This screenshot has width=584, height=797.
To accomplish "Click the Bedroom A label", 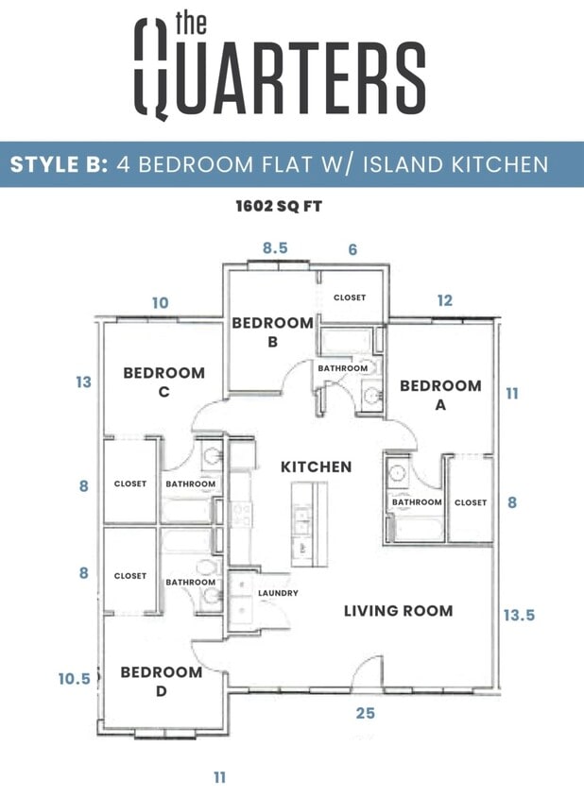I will [439, 395].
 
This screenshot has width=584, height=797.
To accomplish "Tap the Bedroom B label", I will [272, 331].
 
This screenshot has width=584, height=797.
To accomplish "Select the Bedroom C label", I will [163, 382].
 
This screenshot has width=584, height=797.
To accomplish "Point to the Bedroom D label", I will [161, 681].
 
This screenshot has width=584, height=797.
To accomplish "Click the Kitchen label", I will [316, 466].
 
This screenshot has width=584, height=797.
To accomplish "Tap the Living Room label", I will [398, 610].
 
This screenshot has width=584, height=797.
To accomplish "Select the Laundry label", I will [278, 593].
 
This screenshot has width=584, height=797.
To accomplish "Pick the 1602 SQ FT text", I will [279, 205].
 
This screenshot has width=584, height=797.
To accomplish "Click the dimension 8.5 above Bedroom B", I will [275, 249].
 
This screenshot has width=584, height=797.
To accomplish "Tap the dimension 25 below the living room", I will [365, 713].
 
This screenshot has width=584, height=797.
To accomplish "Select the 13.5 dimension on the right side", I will [519, 615].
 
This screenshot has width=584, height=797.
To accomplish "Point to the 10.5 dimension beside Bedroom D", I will [74, 678].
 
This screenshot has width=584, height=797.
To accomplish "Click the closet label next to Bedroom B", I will [349, 297].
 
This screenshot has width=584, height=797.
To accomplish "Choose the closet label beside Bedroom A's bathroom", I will [470, 502].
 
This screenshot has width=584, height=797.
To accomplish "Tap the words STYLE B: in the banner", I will [59, 164].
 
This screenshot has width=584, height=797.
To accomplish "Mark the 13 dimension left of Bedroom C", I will [84, 382].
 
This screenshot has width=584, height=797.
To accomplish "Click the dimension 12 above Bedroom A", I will [444, 300].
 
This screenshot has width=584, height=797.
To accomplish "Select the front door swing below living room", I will [365, 675].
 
